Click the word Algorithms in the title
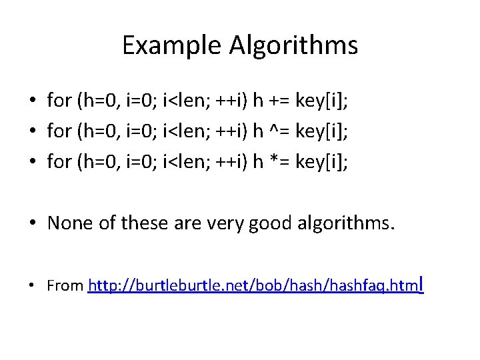click(293, 46)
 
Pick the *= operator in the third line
click(281, 163)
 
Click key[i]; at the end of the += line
click(325, 101)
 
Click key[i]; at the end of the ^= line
click(325, 132)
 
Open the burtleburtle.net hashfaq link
click(256, 286)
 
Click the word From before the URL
click(65, 286)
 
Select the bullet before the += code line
click(32, 101)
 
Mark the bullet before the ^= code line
click(32, 132)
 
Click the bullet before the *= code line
click(32, 163)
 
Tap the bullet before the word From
click(32, 287)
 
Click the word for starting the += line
click(59, 101)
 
